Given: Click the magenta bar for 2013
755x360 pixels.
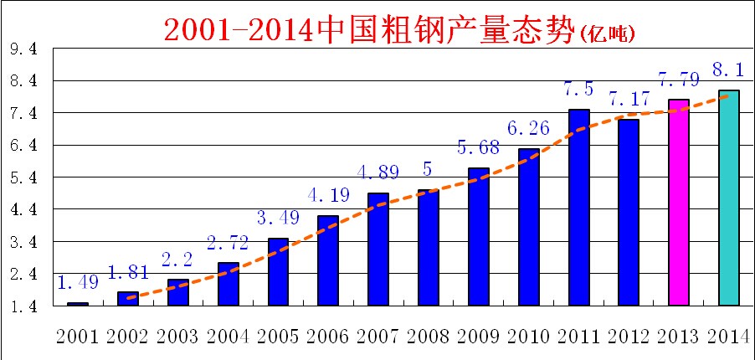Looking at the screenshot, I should [x=678, y=203].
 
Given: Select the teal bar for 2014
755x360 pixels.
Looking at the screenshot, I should [x=728, y=198].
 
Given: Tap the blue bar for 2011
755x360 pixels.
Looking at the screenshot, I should [x=578, y=208].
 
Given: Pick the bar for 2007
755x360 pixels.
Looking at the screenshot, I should [x=377, y=249].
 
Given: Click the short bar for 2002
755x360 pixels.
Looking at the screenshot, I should [x=128, y=299].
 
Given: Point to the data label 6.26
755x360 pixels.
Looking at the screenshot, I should [x=529, y=129].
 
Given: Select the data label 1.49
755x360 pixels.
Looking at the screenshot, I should [x=78, y=283].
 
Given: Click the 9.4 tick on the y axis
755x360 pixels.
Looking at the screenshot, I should [x=23, y=49].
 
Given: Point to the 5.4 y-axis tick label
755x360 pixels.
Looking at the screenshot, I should [x=23, y=178].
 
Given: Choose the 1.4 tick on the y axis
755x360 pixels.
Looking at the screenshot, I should [x=23, y=307].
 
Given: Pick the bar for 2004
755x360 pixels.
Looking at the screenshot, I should [x=229, y=284].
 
